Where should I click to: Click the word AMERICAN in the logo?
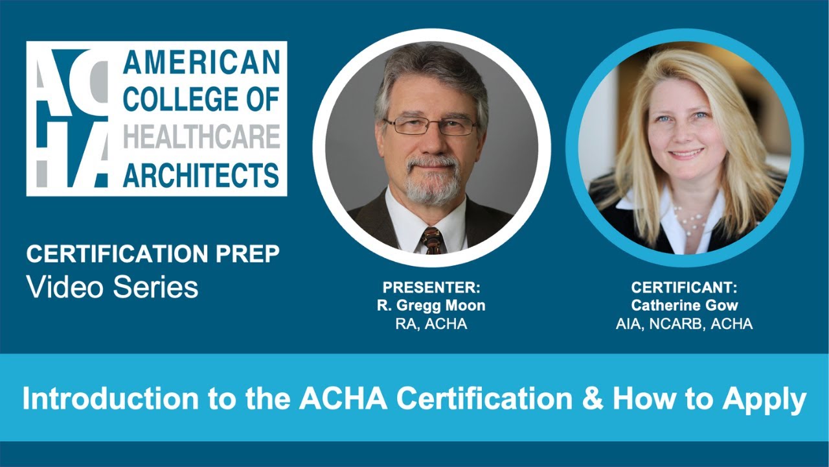point(201,62)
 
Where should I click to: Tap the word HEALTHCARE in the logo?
point(201,137)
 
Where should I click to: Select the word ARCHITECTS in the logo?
point(201,175)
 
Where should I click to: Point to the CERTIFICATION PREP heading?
point(153,254)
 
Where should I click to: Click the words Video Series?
point(112,287)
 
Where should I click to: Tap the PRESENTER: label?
point(431,287)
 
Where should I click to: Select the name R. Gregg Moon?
point(431,305)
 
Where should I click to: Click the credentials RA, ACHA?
point(431,324)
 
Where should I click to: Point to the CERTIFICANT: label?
point(684,287)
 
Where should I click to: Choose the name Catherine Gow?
point(684,305)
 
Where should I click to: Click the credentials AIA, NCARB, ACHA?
point(684,324)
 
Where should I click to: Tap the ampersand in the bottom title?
point(593,399)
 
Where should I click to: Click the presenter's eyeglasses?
point(430,125)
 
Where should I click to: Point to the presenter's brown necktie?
point(433,240)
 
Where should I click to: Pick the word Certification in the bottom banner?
point(484,399)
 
